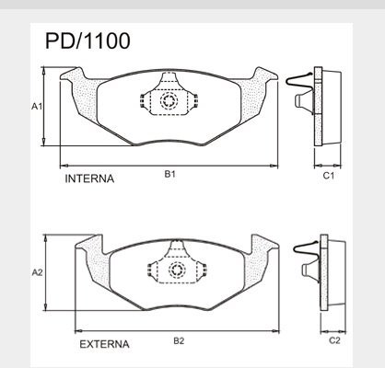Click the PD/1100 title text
coord(87,40)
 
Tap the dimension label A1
coord(37,107)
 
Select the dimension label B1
coord(169,174)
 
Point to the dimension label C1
coord(328,176)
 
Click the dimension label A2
coord(38,272)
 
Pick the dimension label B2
coord(179,340)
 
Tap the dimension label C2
coord(334,340)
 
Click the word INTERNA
coord(89,178)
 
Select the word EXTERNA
coord(104,344)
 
